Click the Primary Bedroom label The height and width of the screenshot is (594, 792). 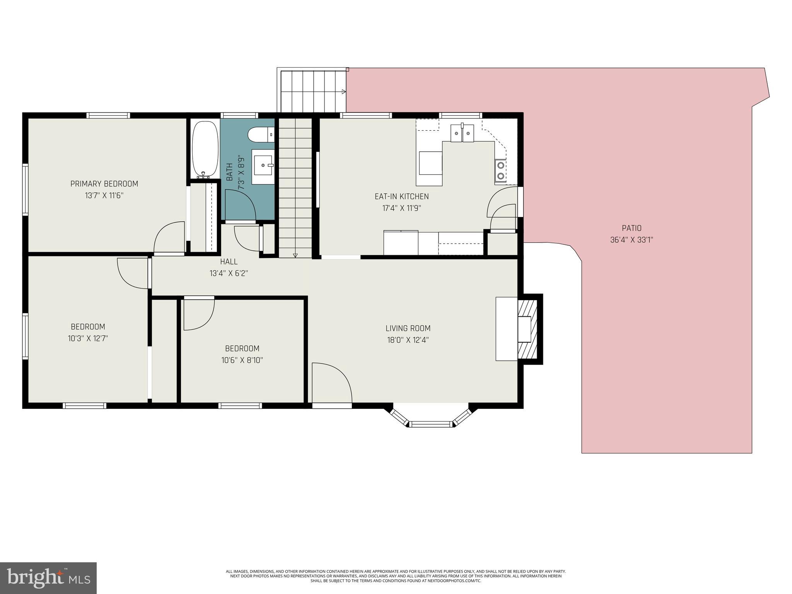[104, 184]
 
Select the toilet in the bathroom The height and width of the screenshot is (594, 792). [260, 135]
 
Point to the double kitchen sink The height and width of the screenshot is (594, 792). [463, 133]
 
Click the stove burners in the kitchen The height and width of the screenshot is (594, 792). [500, 171]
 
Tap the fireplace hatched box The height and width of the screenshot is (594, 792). [527, 329]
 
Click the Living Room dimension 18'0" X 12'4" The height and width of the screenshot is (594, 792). [408, 340]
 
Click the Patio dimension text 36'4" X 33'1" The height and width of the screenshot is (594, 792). [632, 240]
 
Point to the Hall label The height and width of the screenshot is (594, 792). [229, 262]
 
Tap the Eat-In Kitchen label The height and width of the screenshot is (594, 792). [401, 196]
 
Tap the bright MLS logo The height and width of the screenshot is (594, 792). [48, 578]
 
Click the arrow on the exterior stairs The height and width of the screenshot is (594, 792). [343, 92]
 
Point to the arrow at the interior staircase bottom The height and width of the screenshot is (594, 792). [295, 255]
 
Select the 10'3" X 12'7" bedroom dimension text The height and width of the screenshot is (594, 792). [88, 338]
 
